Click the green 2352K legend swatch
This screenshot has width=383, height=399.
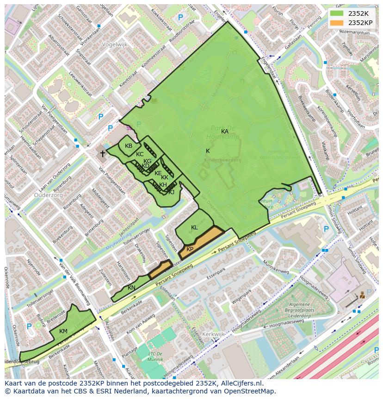336,13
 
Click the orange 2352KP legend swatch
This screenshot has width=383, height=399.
336,22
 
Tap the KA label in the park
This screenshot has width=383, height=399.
225,132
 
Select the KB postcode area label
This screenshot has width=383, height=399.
129,146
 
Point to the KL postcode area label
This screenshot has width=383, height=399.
194,228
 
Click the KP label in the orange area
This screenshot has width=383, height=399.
190,249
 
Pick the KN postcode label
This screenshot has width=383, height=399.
132,288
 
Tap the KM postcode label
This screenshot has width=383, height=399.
63,331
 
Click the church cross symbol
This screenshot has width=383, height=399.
103,153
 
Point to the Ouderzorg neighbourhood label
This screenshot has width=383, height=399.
48,195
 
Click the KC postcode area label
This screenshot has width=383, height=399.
140,154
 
